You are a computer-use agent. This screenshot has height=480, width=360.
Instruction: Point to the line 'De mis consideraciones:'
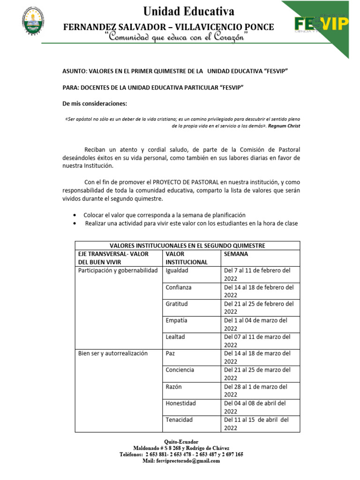coord(94,103)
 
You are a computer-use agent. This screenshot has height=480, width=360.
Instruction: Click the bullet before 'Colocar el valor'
coord(75,215)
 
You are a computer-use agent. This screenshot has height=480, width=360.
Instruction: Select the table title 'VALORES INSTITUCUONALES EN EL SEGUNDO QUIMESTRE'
coord(187,246)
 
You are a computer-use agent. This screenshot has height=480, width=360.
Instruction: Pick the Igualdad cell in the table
coord(177,270)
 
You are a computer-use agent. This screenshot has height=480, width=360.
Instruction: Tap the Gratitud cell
coord(176,304)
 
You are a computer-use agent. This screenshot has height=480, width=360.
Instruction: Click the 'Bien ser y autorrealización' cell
coord(112,353)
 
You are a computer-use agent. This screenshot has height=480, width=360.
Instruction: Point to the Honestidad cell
coord(180,403)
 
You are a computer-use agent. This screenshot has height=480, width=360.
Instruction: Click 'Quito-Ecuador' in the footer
coord(181,442)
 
